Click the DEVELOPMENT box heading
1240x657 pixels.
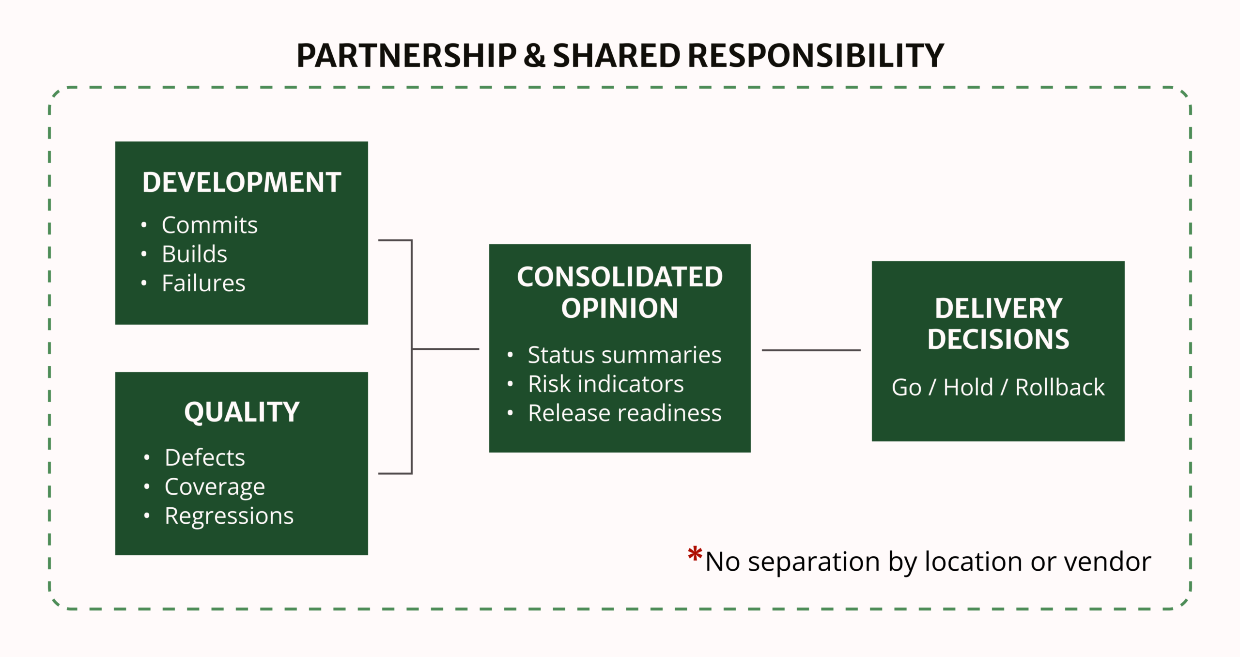click(241, 183)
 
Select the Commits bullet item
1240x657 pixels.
click(209, 225)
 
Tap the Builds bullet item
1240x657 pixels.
click(194, 254)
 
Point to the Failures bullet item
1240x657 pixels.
click(203, 283)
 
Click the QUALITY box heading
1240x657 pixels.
click(241, 412)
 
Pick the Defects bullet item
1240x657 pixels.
click(204, 458)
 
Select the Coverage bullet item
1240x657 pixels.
click(215, 487)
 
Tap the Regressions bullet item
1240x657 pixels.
click(229, 516)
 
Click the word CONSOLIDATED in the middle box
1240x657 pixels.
click(620, 277)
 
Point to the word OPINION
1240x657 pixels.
click(620, 309)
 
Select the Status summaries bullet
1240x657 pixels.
click(624, 355)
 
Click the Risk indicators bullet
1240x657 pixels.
click(605, 384)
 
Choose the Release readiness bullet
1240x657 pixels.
click(624, 413)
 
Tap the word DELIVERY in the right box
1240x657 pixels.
click(998, 309)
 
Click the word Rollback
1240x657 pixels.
click(1060, 388)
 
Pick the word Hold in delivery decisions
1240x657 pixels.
click(968, 388)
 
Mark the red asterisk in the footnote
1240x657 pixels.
click(695, 554)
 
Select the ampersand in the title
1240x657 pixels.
click(534, 56)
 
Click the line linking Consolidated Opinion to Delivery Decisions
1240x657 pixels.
click(811, 350)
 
